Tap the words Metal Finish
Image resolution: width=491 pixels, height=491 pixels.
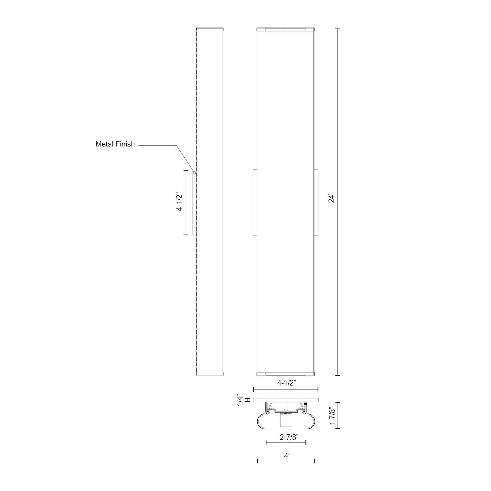pos(115,144)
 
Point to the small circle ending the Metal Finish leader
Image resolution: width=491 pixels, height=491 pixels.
pos(194,173)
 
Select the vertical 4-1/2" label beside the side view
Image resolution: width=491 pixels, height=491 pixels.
pos(179,202)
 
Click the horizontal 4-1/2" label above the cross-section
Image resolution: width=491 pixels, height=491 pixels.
pos(286,383)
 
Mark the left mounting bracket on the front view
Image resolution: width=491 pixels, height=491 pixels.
pos(255,202)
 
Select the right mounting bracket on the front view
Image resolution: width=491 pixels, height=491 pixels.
pos(316,202)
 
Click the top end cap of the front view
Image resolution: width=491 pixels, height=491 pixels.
pos(285,30)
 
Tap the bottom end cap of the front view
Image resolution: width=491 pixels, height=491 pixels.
pos(285,373)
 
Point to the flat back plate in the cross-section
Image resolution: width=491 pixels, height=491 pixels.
pos(286,400)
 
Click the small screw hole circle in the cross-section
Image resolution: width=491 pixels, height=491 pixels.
pos(286,410)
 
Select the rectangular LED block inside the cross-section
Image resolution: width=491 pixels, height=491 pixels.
pos(286,421)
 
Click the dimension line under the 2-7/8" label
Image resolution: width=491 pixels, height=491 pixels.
pos(286,443)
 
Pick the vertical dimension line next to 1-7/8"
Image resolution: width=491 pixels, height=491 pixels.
pos(338,415)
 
